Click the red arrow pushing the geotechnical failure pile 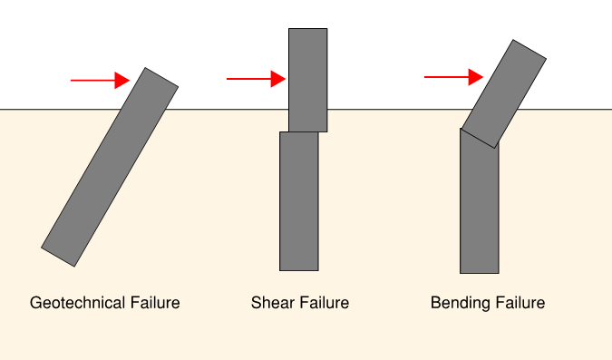100,81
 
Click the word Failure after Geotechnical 155,303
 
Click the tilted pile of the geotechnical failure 110,167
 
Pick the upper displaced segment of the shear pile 307,80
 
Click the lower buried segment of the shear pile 298,201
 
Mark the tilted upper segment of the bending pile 504,93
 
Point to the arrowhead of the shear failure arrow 279,79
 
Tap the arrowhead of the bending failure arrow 476,77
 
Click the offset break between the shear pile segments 304,132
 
